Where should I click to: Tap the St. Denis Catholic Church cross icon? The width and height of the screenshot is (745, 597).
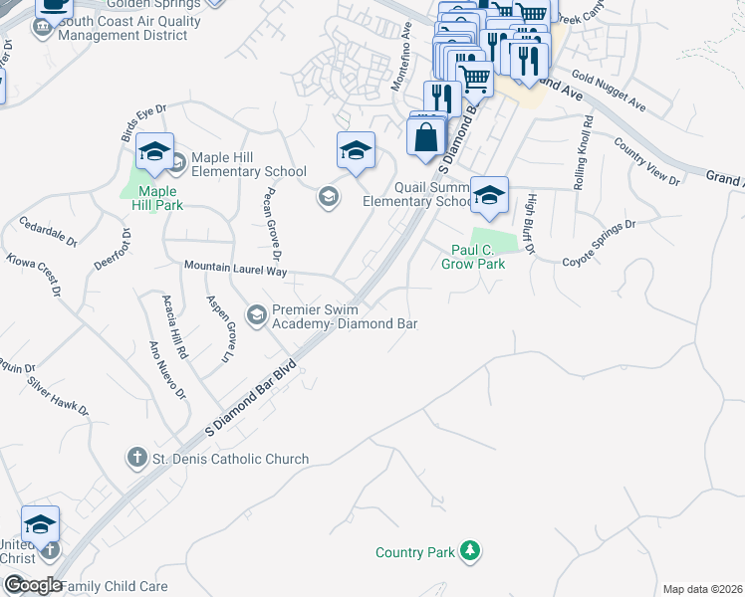(x=137, y=459)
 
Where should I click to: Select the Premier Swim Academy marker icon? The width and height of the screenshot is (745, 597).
(x=256, y=315)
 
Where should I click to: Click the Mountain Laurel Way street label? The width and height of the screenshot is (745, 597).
(x=235, y=269)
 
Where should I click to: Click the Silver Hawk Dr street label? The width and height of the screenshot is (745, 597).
(x=58, y=396)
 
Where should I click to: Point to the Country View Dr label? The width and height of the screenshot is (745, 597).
(x=646, y=162)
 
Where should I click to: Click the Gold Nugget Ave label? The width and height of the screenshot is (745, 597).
(x=609, y=92)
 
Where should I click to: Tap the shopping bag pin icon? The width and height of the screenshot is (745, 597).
(x=427, y=136)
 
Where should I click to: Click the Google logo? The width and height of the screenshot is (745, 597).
(x=33, y=584)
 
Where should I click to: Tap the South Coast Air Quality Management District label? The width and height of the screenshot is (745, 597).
(x=123, y=28)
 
